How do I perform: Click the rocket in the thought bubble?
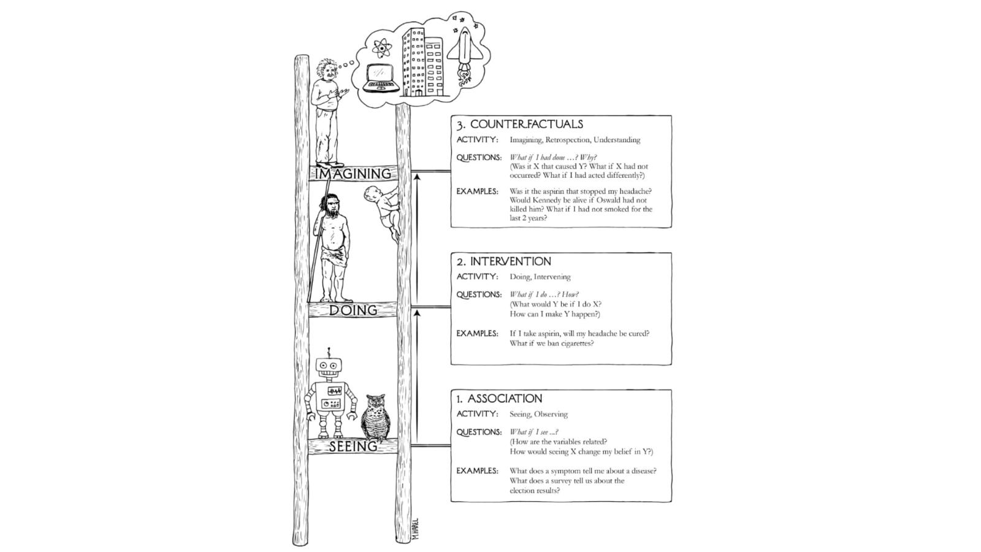[464, 49]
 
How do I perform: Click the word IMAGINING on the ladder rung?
[353, 174]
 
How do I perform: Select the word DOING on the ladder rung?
[353, 310]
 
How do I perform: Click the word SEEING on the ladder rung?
[353, 447]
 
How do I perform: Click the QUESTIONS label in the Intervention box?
[479, 295]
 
